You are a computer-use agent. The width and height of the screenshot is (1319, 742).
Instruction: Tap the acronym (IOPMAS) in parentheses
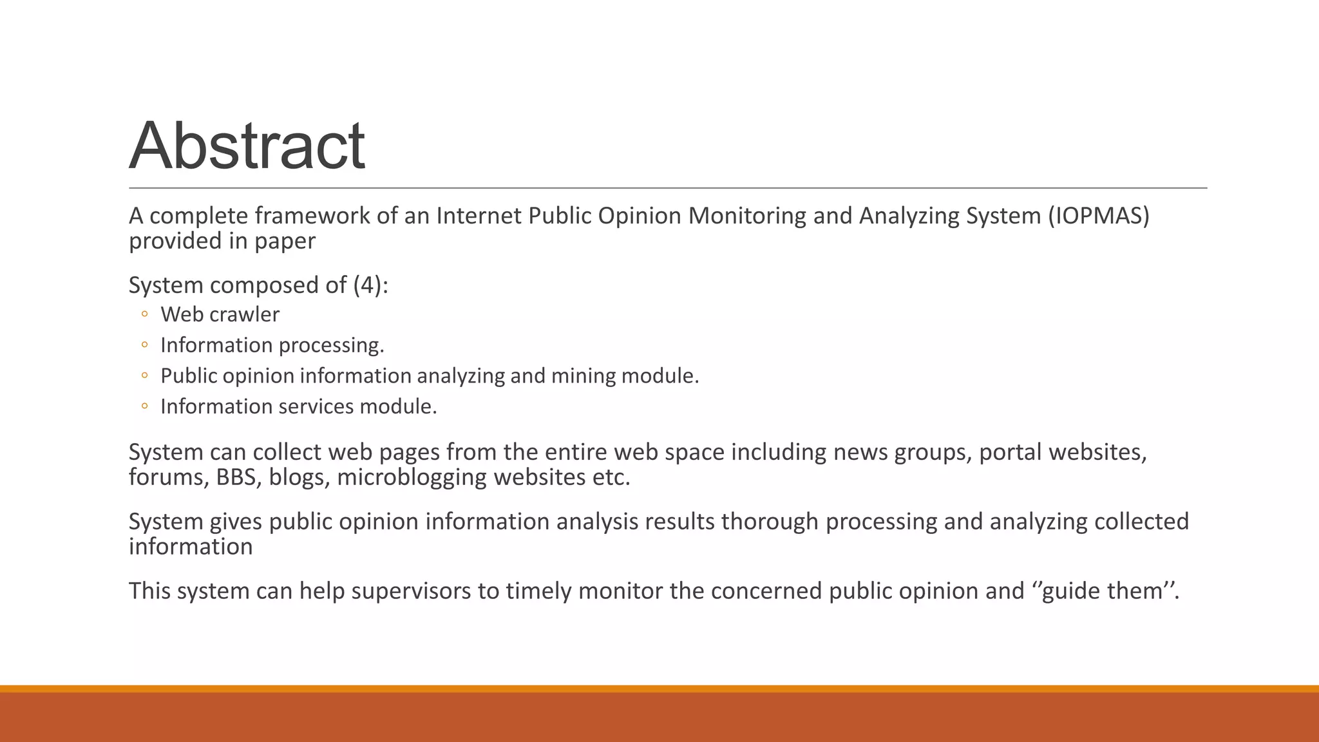[1098, 216]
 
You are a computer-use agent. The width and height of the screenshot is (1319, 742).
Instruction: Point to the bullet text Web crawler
[220, 314]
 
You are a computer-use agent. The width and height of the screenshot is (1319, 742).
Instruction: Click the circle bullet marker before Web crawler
[145, 314]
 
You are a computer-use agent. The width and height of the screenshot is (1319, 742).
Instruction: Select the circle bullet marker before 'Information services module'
[145, 406]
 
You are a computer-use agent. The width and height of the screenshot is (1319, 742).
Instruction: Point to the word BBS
[238, 477]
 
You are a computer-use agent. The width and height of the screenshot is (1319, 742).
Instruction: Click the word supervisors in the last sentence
[411, 591]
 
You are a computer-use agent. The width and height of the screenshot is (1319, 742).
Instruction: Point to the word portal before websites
[1010, 452]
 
